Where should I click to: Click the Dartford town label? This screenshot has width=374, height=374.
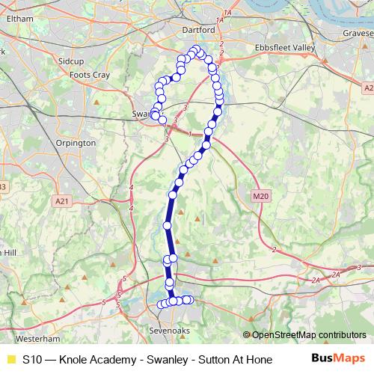198,30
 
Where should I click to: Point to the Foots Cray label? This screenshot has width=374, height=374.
89,75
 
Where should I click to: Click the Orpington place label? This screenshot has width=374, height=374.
76,142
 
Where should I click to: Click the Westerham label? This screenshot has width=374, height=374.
30,338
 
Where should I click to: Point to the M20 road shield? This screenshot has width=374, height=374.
260,196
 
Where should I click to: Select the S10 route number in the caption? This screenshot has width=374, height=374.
32,359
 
